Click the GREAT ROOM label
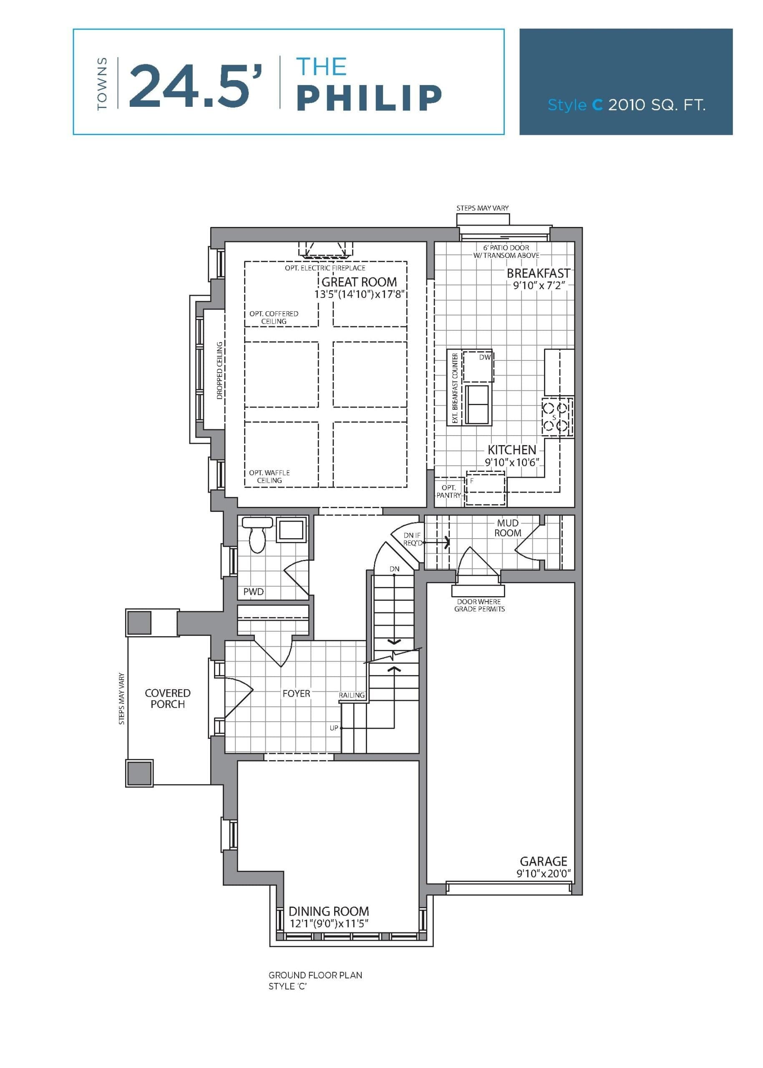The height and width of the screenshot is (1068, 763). coord(359,282)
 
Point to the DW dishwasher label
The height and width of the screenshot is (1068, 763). coord(484,357)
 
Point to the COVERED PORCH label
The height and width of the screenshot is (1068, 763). coord(168,698)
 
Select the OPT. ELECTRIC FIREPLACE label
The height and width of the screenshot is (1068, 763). coord(325,268)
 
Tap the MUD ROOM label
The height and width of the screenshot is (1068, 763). coord(507,528)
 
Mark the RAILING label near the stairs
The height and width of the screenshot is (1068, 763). coord(351,695)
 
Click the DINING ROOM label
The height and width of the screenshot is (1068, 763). coord(328,911)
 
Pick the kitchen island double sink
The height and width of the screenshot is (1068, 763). coord(477,404)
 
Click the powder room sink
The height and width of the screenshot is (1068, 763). coord(291,529)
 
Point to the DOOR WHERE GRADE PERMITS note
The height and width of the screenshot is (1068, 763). coord(479,605)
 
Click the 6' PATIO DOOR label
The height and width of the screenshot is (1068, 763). coord(506,248)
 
